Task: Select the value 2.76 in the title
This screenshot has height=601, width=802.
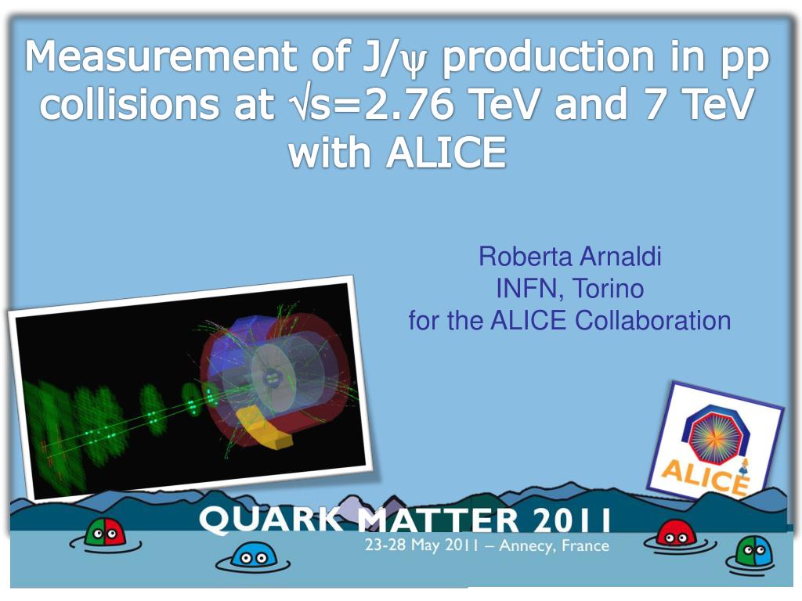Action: tap(406, 105)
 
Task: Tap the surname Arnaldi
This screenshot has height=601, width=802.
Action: tap(620, 257)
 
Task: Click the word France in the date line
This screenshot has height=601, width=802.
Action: tap(584, 545)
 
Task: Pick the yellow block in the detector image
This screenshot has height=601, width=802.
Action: tap(265, 427)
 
